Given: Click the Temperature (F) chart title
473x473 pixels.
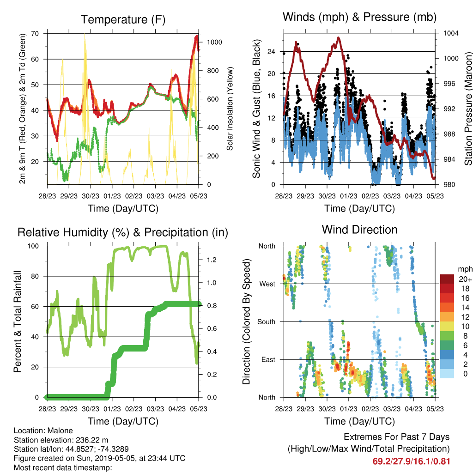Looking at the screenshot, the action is pos(123,19).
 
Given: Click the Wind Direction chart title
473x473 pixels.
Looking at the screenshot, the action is pos(359,230).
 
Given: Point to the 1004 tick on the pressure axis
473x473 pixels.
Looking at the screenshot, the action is pos(451,33).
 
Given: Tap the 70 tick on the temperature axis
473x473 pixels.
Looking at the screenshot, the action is pos(35,33).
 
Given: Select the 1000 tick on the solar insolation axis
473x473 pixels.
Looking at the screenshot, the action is pos(214,42).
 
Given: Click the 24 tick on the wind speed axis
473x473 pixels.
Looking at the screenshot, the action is pos(271,52).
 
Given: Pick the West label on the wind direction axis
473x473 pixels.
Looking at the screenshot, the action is pos(267,284).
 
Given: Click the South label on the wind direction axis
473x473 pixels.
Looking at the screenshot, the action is pos(267,322).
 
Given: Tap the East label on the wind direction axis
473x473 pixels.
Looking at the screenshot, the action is pos(268,359).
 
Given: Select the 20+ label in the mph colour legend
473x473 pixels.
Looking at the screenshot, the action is pos(465,279).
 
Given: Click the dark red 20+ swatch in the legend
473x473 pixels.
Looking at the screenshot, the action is pos(447,279).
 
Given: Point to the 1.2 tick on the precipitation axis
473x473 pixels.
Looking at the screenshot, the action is pos(212,260).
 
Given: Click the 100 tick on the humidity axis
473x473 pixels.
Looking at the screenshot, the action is pos(33,246).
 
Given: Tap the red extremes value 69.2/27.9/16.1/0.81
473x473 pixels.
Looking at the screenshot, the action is pos(411,461).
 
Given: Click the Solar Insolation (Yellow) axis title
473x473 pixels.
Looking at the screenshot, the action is pos(230,109).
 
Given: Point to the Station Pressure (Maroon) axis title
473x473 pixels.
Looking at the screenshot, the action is pos(468,109).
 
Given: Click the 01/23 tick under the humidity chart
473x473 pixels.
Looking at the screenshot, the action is pos(112,409).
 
